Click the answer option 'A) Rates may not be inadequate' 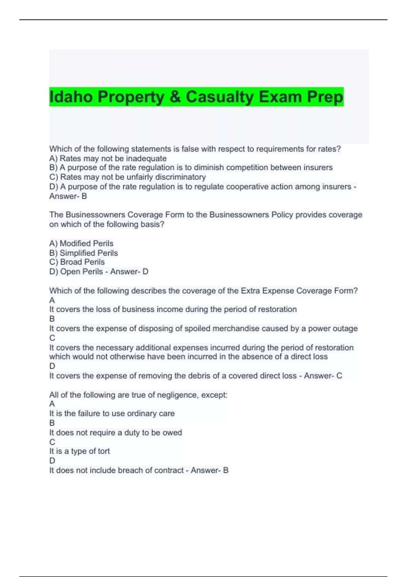(108, 159)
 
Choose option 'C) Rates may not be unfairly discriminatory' (128, 177)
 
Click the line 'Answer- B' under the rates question (68, 196)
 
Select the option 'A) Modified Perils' (81, 243)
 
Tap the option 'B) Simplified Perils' (83, 253)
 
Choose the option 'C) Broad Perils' (77, 262)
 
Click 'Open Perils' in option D (81, 272)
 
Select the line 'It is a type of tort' (79, 451)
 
